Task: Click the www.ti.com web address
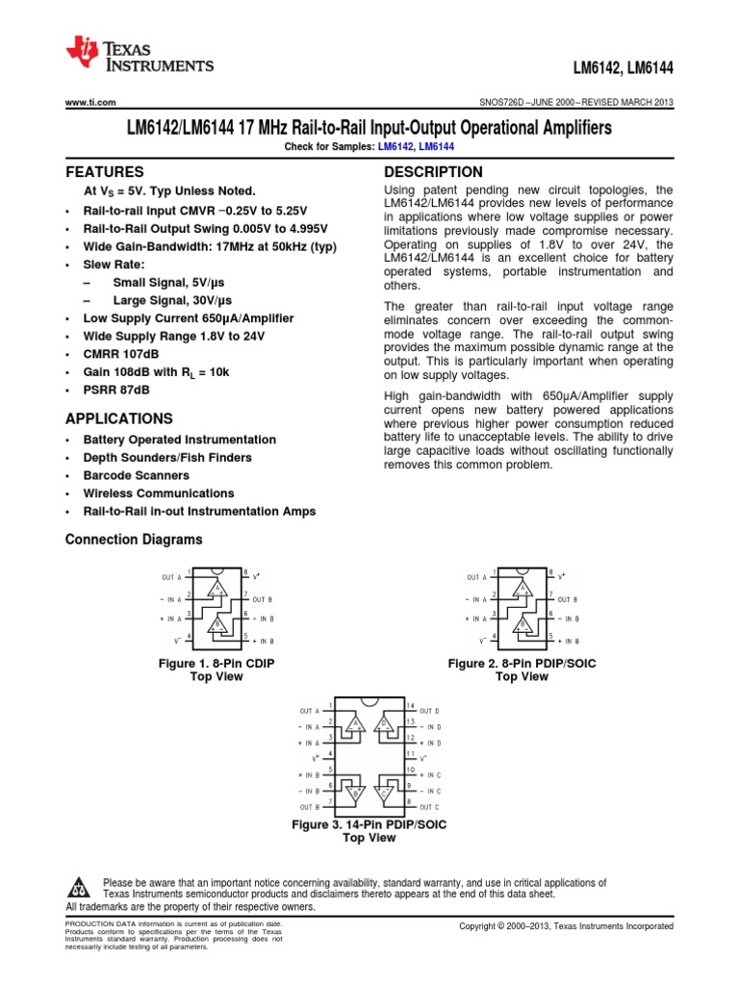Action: point(90,102)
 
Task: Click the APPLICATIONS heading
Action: point(118,418)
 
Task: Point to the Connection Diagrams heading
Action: point(133,540)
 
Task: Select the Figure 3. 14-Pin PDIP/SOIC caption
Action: point(369,825)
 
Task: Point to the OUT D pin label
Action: point(430,708)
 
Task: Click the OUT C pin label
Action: point(430,805)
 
